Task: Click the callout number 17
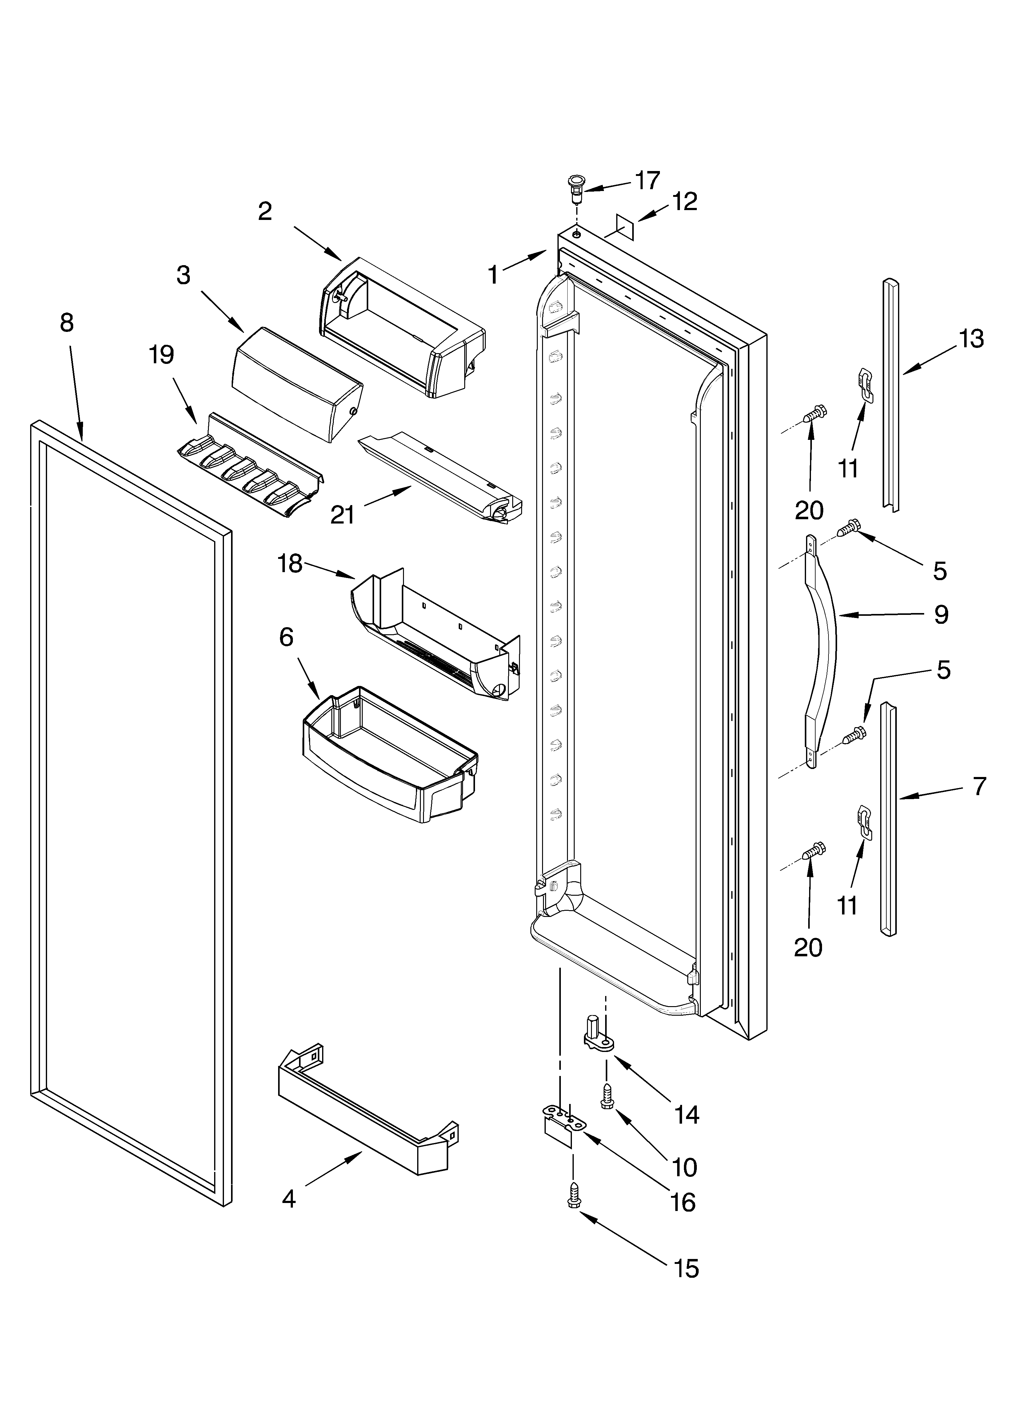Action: tap(647, 181)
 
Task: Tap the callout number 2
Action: tap(265, 211)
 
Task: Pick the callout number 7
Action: tap(979, 786)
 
